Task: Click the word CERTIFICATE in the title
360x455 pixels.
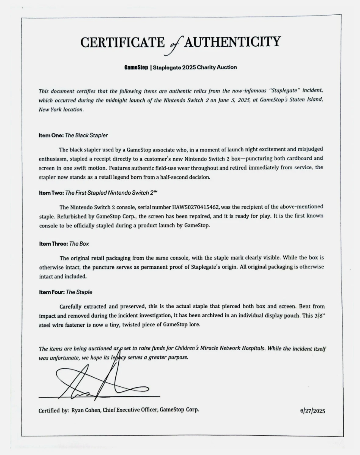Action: coord(123,42)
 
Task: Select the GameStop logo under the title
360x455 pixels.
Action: coord(136,67)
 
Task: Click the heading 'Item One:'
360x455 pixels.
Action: coord(51,135)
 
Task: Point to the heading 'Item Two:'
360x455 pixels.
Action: coord(51,193)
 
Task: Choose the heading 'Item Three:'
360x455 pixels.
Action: coord(53,244)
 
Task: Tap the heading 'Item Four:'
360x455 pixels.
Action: coord(52,292)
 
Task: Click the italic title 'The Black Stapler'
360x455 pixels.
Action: coord(87,135)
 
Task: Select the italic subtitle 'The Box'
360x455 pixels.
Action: coord(79,244)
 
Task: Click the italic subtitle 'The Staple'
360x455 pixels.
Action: coord(79,292)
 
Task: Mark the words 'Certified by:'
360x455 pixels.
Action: coord(54,410)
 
